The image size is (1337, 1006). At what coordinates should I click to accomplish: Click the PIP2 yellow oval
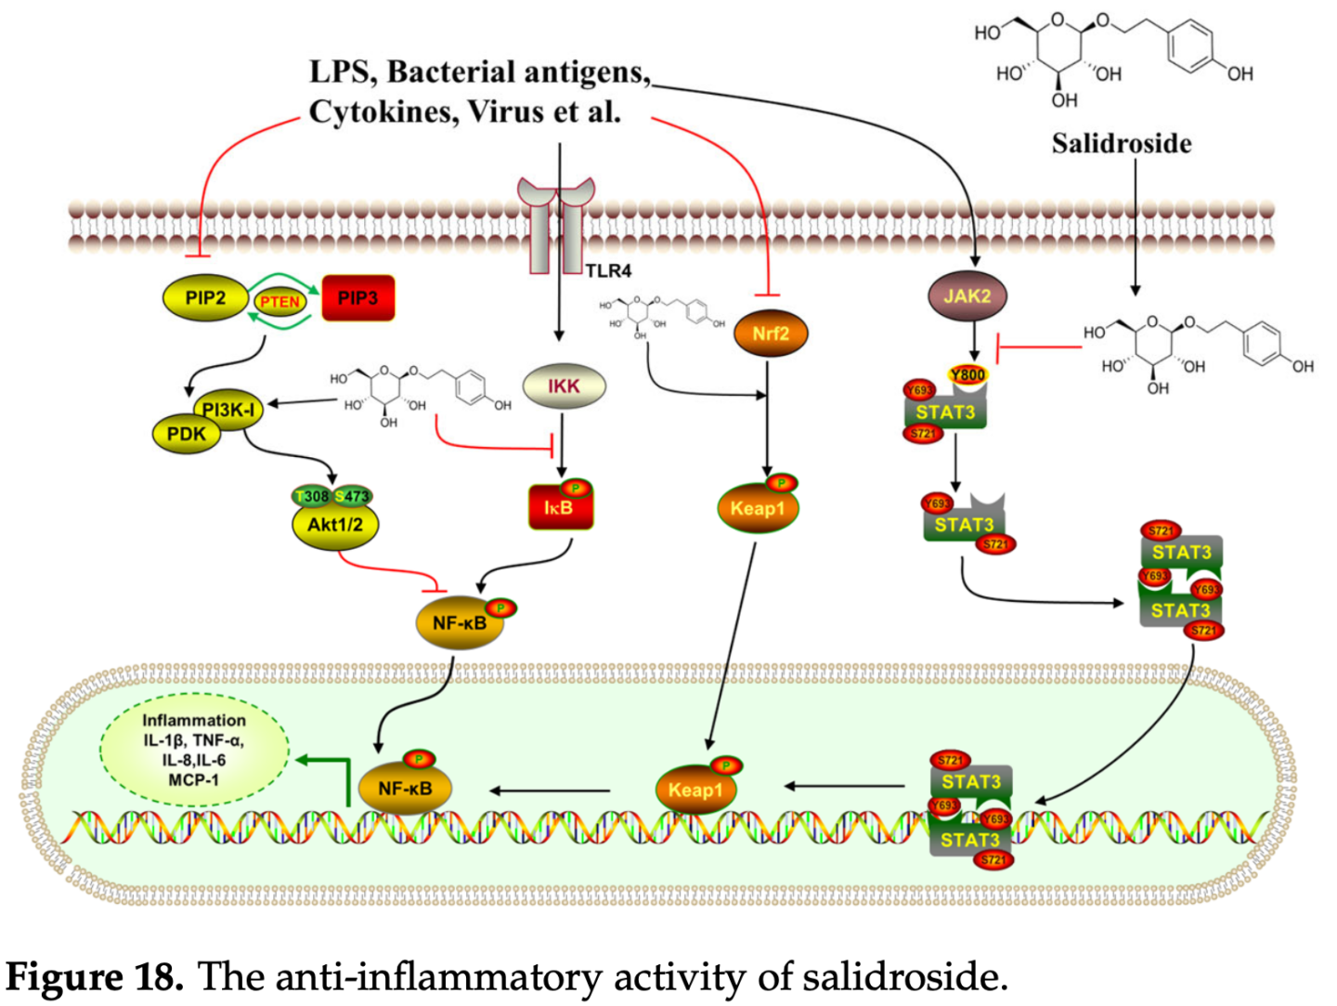click(x=205, y=298)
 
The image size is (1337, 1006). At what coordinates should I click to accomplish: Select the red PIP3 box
click(x=357, y=298)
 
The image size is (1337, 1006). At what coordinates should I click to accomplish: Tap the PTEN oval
click(x=279, y=301)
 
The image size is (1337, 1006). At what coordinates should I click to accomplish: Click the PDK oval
click(x=186, y=434)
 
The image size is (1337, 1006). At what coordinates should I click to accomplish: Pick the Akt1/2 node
click(x=335, y=525)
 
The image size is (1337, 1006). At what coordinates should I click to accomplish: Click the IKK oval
click(x=564, y=386)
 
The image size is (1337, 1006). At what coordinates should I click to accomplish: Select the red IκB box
click(x=559, y=508)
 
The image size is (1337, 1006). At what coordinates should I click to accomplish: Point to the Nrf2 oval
click(x=771, y=333)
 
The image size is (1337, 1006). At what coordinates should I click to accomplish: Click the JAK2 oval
click(x=967, y=296)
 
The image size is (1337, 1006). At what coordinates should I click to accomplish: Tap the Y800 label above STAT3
click(x=967, y=374)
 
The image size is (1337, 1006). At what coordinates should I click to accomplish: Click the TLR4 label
click(x=609, y=271)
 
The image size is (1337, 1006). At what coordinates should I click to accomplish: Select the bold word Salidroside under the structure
click(x=1122, y=143)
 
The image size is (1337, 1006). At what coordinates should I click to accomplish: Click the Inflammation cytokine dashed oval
click(x=194, y=749)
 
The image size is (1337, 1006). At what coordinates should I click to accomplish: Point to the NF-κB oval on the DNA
click(x=405, y=789)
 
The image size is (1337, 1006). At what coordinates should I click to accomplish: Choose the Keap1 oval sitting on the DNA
click(x=695, y=790)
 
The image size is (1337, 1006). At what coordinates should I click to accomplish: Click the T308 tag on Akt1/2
click(x=312, y=496)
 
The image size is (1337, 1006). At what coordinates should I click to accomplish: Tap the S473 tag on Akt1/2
click(x=354, y=496)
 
